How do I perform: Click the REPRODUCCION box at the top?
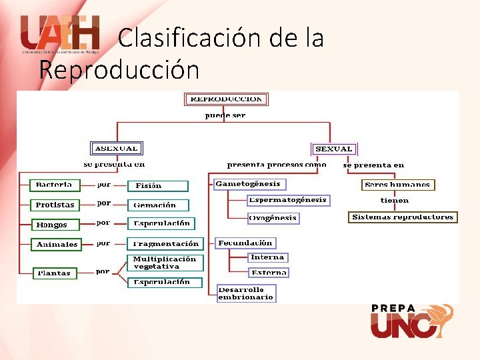point(226,99)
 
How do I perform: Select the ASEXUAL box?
point(116,148)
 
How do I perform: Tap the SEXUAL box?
point(334,149)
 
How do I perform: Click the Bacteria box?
point(55,185)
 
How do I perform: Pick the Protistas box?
point(55,205)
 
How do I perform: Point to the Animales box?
point(57,245)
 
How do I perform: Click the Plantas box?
point(54,273)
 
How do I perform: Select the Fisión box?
point(158,186)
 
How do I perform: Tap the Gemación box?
point(159,205)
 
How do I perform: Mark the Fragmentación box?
point(165,244)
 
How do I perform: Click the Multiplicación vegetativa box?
point(164,262)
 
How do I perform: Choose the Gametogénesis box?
point(249,183)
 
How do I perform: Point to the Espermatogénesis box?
point(288,200)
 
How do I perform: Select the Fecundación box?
point(245,243)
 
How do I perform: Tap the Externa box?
point(269,272)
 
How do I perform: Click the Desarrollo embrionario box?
point(245,293)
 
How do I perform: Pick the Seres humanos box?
point(398,185)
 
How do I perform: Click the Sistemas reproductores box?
point(403,217)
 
